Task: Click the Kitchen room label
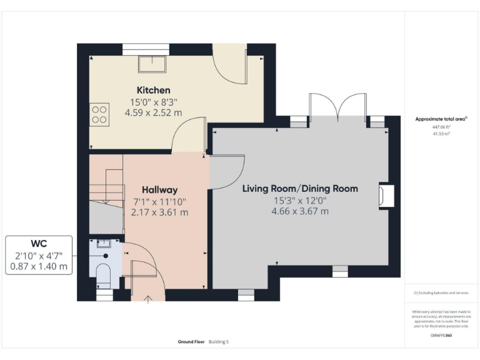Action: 153,90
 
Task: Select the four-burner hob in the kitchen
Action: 99,114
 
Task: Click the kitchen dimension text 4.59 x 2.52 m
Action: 153,112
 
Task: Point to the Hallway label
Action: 159,189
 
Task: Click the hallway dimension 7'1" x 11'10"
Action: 159,201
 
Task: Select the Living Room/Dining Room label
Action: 300,188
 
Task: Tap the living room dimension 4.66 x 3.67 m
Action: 300,211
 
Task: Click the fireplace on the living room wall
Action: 386,196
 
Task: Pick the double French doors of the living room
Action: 337,107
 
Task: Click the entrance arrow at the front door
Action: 148,299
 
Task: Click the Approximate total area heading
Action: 441,119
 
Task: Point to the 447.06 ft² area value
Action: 441,127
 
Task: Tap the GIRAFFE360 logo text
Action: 441,336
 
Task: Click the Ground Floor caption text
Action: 192,342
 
